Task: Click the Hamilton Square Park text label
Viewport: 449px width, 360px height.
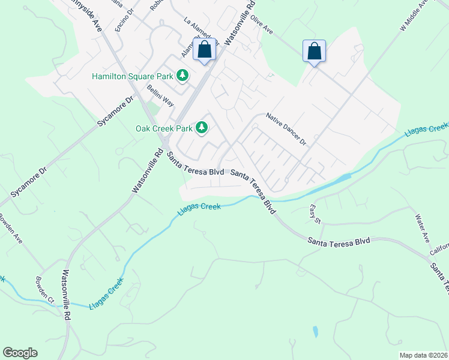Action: coord(132,76)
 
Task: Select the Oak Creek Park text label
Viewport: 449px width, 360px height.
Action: coord(164,128)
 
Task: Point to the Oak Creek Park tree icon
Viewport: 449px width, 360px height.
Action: coord(202,127)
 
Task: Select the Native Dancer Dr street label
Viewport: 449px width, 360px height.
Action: coord(286,130)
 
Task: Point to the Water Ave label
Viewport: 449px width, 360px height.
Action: coord(423,228)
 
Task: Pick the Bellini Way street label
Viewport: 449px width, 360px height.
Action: coord(160,95)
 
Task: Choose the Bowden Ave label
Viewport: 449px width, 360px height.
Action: coord(11,229)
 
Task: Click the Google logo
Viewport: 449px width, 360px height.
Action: coord(20,353)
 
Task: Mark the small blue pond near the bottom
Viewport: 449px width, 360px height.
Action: coord(315,331)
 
